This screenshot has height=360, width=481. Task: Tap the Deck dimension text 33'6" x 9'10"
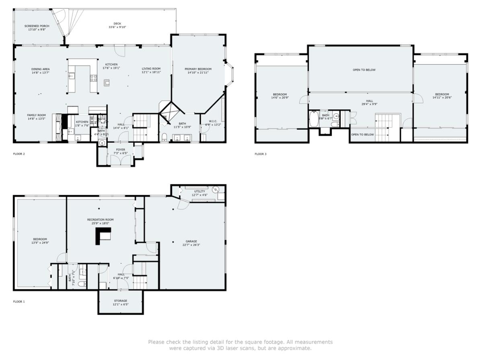(x=117, y=27)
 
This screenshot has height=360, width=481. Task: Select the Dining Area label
(x=41, y=69)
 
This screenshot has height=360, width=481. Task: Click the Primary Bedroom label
(x=198, y=69)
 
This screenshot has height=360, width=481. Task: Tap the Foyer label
(x=121, y=149)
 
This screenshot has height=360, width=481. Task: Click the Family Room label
(x=37, y=115)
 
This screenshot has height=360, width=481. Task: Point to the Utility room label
(x=199, y=191)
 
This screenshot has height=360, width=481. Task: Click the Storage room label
(x=120, y=301)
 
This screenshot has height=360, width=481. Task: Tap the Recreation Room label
(x=101, y=220)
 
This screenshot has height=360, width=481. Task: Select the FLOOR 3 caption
(x=261, y=154)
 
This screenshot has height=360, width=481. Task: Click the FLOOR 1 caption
(x=19, y=301)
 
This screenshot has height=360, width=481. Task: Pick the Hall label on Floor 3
(x=369, y=101)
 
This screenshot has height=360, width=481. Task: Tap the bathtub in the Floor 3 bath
(x=314, y=119)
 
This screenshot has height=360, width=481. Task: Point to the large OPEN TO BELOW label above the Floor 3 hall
(x=364, y=70)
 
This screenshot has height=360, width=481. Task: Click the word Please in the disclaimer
(x=156, y=342)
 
